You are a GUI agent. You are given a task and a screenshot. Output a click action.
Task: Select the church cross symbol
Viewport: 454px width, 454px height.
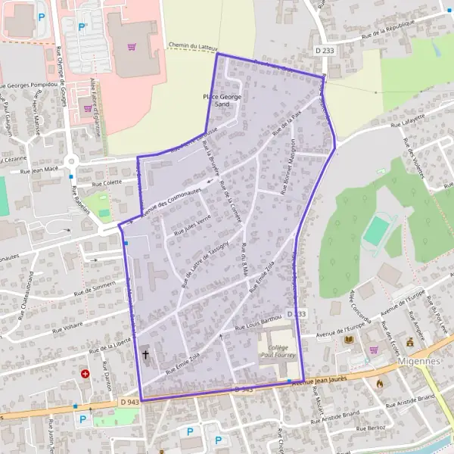click(145, 353)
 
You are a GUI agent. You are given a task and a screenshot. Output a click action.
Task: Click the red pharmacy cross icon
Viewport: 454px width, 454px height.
click(85, 374)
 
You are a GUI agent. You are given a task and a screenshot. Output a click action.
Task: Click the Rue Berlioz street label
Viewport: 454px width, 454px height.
click(368, 428)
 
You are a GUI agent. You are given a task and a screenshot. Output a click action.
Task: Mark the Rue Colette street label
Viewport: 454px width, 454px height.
click(106, 182)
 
